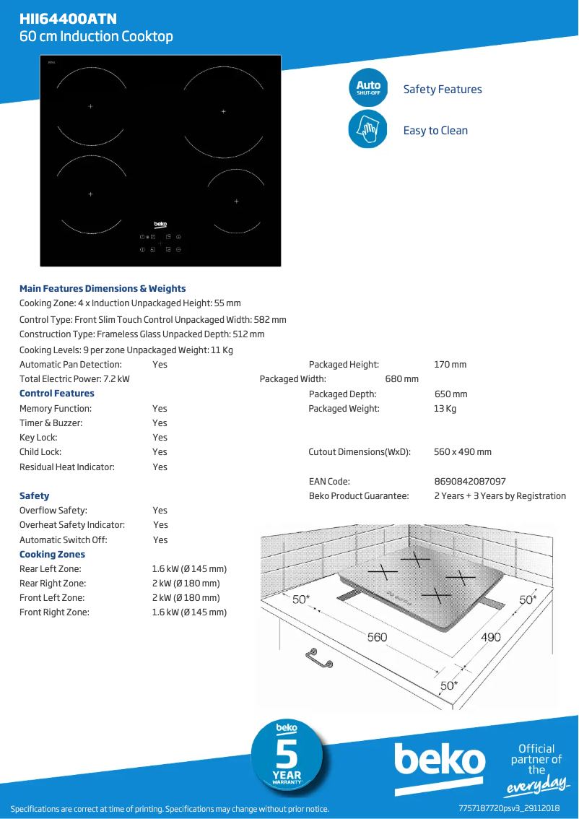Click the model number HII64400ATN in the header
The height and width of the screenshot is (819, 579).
click(69, 19)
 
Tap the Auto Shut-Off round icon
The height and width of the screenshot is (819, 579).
click(368, 88)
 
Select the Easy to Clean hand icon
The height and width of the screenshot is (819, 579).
click(368, 130)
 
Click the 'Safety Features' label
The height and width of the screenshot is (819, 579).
click(443, 90)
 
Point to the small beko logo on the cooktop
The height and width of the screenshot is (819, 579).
click(160, 225)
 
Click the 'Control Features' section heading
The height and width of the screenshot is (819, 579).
click(57, 394)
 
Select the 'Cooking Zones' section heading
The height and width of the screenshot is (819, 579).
click(53, 555)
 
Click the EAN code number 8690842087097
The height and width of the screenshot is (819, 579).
click(470, 481)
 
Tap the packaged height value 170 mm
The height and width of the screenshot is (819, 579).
click(450, 365)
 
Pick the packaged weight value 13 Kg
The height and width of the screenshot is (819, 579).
click(445, 409)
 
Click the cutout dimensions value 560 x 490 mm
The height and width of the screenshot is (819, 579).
click(463, 452)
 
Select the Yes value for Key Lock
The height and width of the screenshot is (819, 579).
click(160, 438)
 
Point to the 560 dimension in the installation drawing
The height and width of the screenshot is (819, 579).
click(378, 637)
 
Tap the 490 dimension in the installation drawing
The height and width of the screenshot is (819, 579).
click(491, 637)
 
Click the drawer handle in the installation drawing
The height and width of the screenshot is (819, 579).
click(318, 658)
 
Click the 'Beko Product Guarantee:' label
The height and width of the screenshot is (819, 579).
click(359, 496)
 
